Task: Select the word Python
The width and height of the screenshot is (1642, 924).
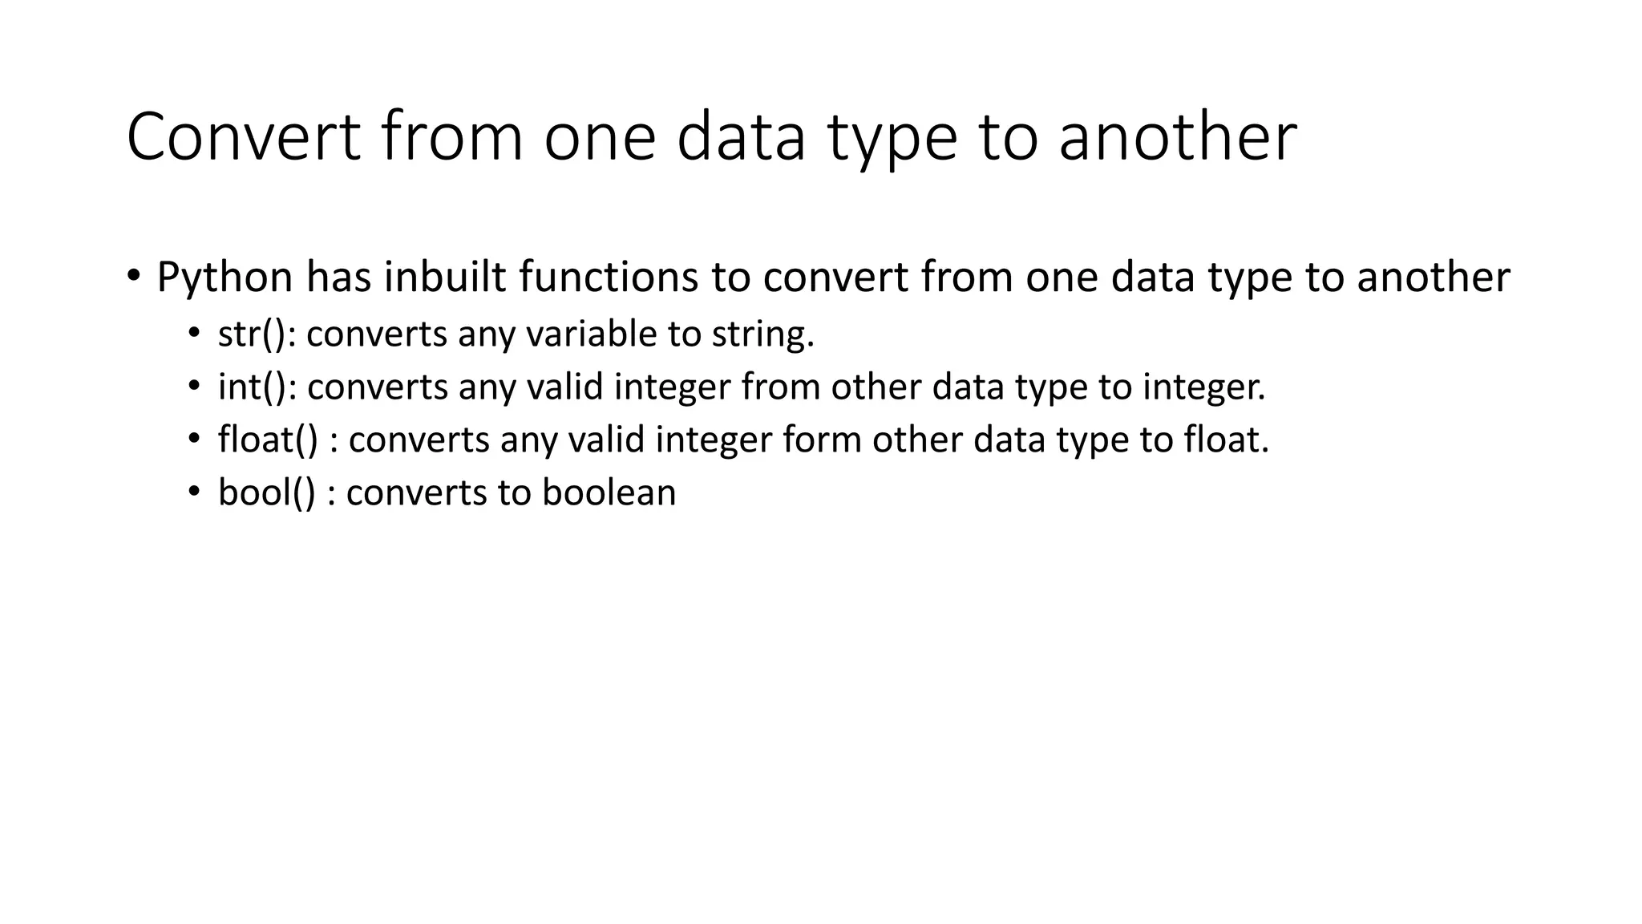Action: pyautogui.click(x=225, y=278)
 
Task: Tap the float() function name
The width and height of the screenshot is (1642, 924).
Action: pyautogui.click(x=268, y=440)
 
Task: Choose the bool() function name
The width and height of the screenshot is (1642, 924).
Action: pyautogui.click(x=267, y=492)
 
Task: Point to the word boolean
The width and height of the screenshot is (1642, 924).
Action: pyautogui.click(x=609, y=492)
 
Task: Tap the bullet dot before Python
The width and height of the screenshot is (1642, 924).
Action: pyautogui.click(x=133, y=277)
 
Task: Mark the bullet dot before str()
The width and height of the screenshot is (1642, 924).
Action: pyautogui.click(x=193, y=334)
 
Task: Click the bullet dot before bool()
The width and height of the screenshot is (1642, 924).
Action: pyautogui.click(x=193, y=492)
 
